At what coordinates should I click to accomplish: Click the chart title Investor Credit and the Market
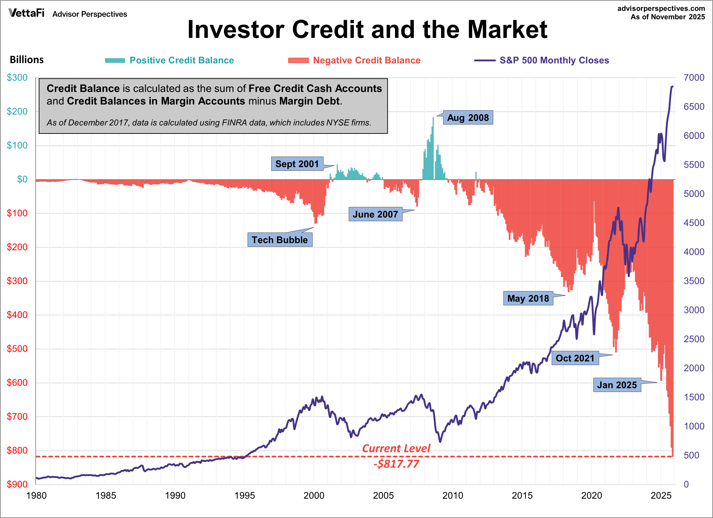tap(367, 30)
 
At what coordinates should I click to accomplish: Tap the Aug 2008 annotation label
tap(468, 118)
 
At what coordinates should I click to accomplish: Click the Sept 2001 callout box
tap(297, 164)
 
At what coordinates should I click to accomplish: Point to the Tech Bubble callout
tap(280, 240)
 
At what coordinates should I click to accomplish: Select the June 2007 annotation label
tap(375, 214)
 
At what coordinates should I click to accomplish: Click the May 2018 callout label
tap(528, 298)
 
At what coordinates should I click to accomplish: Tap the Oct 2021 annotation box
tap(575, 358)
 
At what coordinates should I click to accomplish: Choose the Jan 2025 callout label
tap(617, 385)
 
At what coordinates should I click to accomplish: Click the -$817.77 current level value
tap(396, 464)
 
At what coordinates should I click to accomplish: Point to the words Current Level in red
tap(396, 448)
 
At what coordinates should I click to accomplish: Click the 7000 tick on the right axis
tap(694, 78)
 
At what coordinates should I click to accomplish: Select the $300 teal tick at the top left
tap(17, 78)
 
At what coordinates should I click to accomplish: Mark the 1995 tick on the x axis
tap(245, 496)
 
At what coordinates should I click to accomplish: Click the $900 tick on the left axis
tap(17, 484)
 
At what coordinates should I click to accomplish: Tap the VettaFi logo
tap(27, 13)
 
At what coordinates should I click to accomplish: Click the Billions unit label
tap(27, 60)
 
